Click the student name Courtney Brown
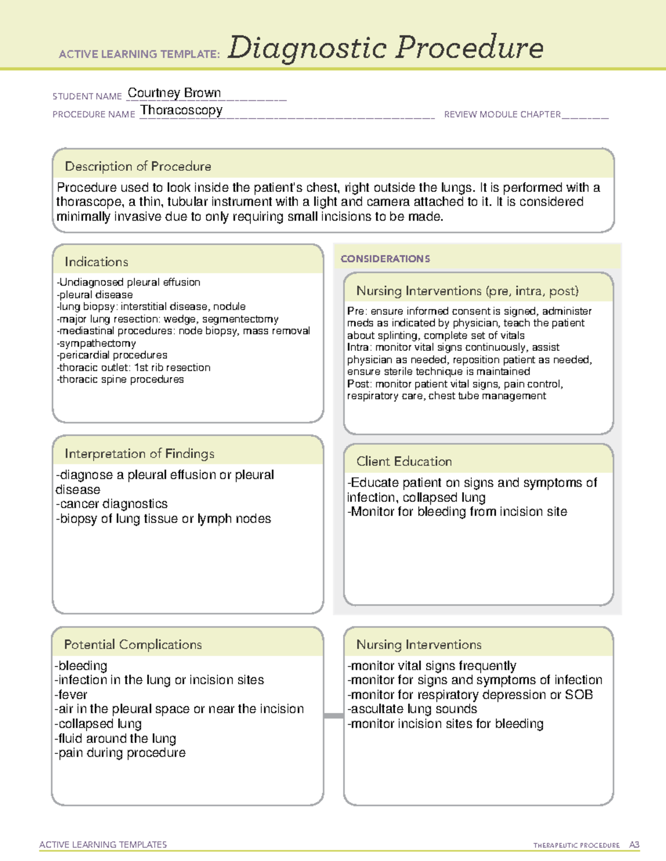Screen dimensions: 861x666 174,93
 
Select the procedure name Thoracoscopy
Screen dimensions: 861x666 181,110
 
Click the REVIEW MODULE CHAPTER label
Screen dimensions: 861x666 502,114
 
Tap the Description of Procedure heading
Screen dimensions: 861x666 138,166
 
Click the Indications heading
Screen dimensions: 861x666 97,262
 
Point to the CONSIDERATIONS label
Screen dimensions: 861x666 385,259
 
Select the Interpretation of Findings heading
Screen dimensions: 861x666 139,454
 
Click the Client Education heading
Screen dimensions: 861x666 404,461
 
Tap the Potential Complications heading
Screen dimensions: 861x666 133,644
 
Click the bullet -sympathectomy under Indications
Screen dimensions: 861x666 97,343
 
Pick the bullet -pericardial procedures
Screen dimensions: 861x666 112,355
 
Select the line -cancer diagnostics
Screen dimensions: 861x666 112,504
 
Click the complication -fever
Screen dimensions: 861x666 71,695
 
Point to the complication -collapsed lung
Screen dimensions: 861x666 98,724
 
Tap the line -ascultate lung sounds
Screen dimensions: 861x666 412,709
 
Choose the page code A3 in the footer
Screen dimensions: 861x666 634,845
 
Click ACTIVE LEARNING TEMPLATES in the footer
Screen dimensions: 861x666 103,844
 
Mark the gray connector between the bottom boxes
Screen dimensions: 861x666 334,716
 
